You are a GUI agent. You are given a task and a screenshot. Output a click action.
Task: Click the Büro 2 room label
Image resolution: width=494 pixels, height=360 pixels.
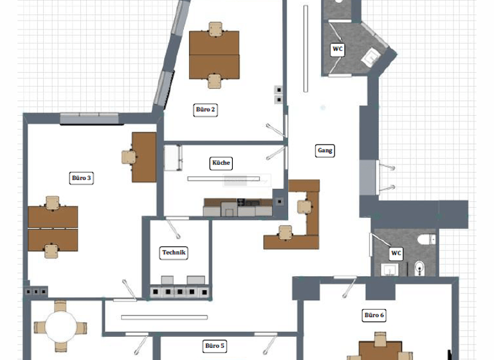(206, 110)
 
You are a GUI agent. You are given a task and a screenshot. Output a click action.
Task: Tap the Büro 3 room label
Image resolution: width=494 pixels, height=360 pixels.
(82, 178)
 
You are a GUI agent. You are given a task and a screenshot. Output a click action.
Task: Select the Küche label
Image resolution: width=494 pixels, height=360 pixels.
(221, 163)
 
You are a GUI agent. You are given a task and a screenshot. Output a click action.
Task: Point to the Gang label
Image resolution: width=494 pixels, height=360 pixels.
(325, 150)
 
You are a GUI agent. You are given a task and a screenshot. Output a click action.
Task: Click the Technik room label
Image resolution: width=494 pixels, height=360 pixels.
(174, 253)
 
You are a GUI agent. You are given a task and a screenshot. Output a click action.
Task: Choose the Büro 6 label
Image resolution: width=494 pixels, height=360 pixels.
(374, 315)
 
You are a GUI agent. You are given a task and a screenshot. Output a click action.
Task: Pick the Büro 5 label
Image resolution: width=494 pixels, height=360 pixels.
(215, 346)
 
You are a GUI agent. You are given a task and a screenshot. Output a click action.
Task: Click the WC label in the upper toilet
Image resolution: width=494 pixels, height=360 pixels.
(338, 49)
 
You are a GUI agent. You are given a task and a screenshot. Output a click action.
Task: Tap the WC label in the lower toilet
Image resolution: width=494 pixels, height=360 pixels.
(396, 253)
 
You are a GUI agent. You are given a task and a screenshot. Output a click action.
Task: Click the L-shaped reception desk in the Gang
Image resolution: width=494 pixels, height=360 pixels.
(303, 219)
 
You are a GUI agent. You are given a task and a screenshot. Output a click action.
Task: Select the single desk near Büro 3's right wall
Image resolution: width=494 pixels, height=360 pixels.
(145, 157)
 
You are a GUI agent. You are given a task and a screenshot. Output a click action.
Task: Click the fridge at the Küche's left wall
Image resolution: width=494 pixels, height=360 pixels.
(173, 157)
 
